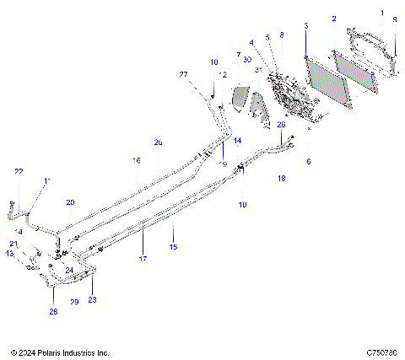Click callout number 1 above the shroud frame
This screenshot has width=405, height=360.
click(x=381, y=14)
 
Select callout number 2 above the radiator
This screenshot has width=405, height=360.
click(x=334, y=19)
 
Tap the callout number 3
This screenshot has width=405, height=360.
click(x=305, y=26)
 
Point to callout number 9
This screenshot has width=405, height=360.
click(x=394, y=19)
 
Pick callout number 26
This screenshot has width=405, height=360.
click(x=282, y=124)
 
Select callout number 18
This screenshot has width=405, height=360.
click(x=282, y=180)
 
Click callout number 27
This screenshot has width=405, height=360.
click(x=183, y=75)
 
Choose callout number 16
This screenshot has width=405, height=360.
click(x=136, y=159)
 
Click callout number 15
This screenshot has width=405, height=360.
click(x=174, y=247)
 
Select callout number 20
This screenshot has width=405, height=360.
click(x=71, y=202)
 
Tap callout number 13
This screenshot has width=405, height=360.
click(x=10, y=253)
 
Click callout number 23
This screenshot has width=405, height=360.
click(x=92, y=299)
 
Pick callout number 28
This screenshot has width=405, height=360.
click(x=52, y=312)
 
